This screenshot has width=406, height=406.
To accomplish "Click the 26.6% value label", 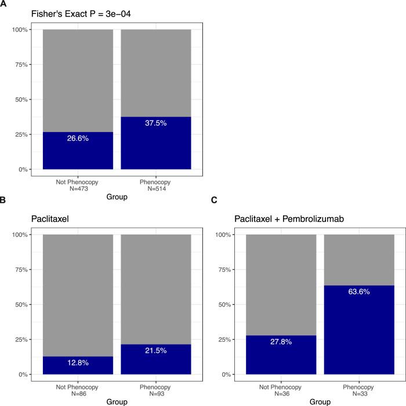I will pyautogui.click(x=78, y=139).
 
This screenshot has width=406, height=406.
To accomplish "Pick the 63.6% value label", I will pyautogui.click(x=359, y=292).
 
